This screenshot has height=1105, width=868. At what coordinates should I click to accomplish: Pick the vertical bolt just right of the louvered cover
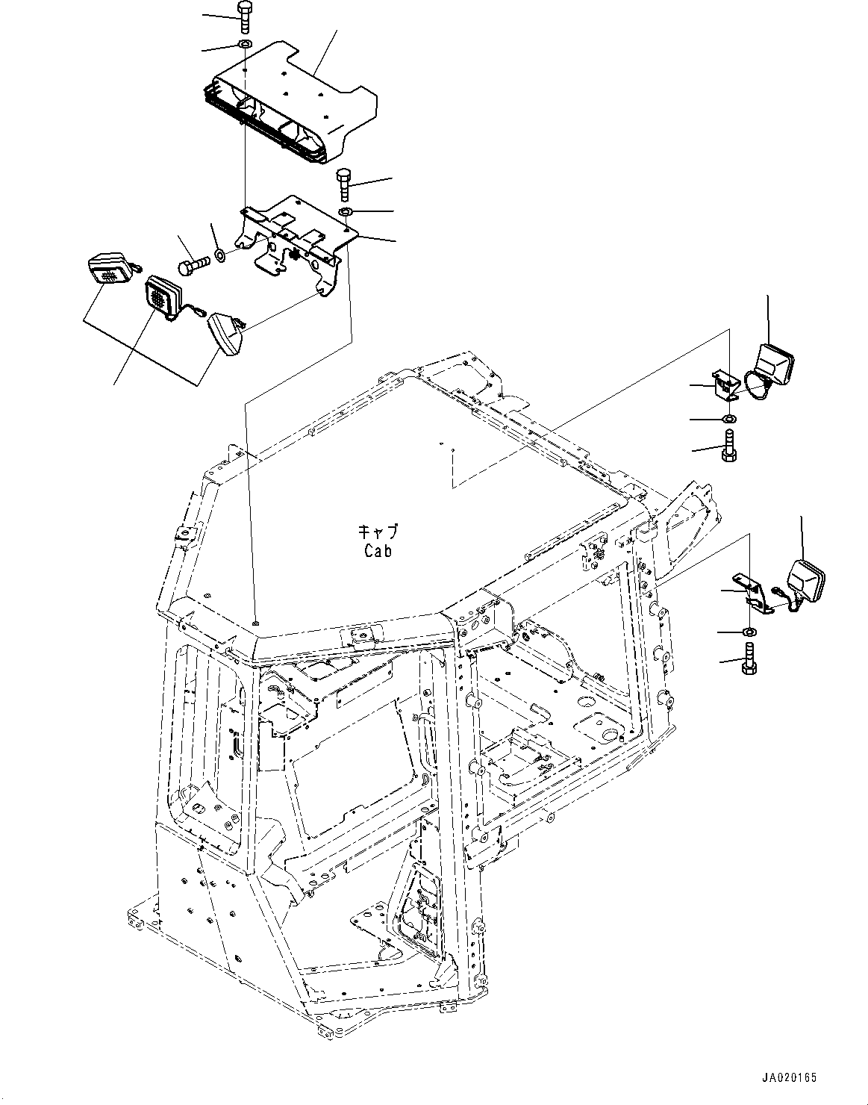pyautogui.click(x=345, y=184)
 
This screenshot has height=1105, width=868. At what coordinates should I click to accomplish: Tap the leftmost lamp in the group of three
pyautogui.click(x=110, y=270)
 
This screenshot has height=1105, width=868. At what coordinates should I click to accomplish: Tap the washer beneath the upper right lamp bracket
pyautogui.click(x=729, y=418)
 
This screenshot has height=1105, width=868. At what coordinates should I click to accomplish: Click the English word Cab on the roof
pyautogui.click(x=378, y=551)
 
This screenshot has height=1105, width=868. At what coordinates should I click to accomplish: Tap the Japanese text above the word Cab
pyautogui.click(x=378, y=532)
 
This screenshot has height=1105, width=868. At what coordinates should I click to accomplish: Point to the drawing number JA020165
pyautogui.click(x=790, y=1077)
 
